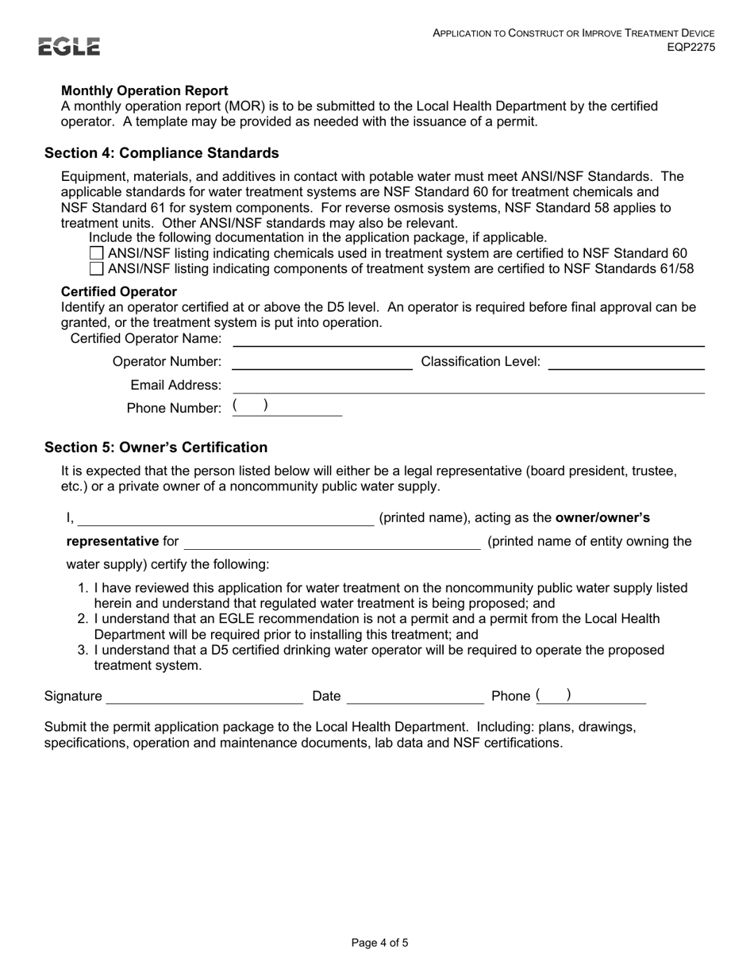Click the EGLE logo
(x=70, y=47)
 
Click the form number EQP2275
(x=691, y=47)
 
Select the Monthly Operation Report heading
(x=144, y=90)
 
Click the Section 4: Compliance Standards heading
(x=162, y=152)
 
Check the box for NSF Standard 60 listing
(x=97, y=253)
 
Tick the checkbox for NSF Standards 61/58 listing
(x=97, y=268)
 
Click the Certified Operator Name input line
(x=467, y=340)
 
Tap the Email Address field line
(x=467, y=386)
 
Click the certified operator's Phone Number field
(x=287, y=408)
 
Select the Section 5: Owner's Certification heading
(x=156, y=447)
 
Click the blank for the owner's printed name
(x=225, y=518)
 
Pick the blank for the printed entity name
(x=332, y=542)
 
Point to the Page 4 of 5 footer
(x=380, y=943)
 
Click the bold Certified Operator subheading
(x=119, y=291)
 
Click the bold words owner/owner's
(x=602, y=518)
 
